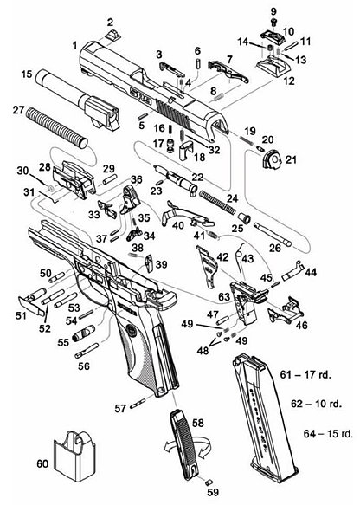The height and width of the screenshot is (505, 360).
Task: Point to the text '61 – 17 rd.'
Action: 308,373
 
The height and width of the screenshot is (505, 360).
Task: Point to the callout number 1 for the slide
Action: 75,43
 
